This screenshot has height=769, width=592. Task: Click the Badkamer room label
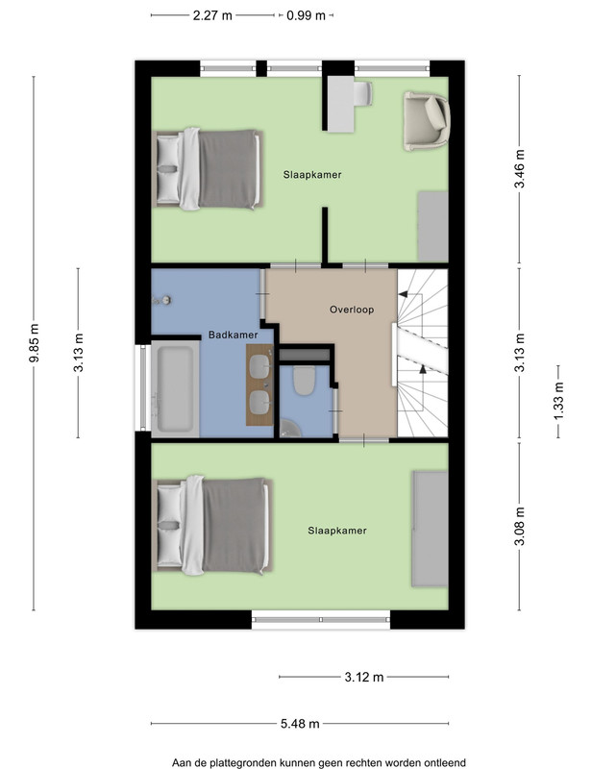pos(233,335)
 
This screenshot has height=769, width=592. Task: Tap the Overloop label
pos(352,310)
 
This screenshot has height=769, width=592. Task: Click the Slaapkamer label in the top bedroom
pos(312,175)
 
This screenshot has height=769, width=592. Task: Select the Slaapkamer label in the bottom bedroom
pos(337,531)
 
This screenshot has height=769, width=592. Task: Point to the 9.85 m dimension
pos(34,343)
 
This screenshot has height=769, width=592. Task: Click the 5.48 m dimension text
pos(300,724)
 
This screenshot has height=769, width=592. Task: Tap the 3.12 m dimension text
pos(364,678)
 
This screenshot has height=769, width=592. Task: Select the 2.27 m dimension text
pos(212,15)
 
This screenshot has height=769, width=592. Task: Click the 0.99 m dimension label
pos(306,15)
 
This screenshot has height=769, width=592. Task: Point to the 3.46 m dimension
pos(519,169)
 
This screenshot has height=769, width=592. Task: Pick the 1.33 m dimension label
pos(558,401)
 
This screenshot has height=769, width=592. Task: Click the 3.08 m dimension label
pos(519,526)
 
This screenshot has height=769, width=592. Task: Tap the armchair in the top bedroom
pos(426,121)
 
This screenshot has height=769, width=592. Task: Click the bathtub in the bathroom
pos(175,389)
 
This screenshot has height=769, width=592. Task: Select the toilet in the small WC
pos(304,380)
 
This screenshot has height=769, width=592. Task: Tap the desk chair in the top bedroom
pos(363,93)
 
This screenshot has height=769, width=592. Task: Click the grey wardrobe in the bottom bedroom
pos(430,529)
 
